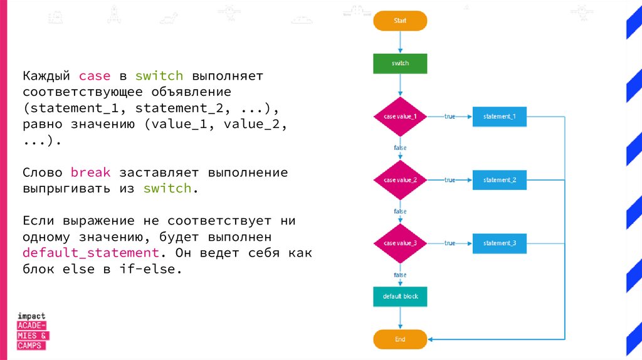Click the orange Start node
(x=400, y=21)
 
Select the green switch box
(x=400, y=63)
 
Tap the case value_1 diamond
(x=400, y=117)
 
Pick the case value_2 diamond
(x=400, y=180)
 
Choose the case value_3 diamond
(x=400, y=243)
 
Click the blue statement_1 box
(x=500, y=117)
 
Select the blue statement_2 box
(x=500, y=180)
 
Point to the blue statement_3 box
(x=500, y=243)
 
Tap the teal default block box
(x=400, y=296)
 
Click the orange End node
(x=400, y=339)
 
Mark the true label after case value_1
(x=450, y=117)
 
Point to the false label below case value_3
(x=400, y=275)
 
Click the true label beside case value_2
(x=450, y=180)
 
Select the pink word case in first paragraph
(x=95, y=77)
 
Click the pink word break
(x=91, y=172)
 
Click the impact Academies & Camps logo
(x=32, y=331)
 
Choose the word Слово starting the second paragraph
(x=43, y=172)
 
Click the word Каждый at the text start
(x=47, y=77)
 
